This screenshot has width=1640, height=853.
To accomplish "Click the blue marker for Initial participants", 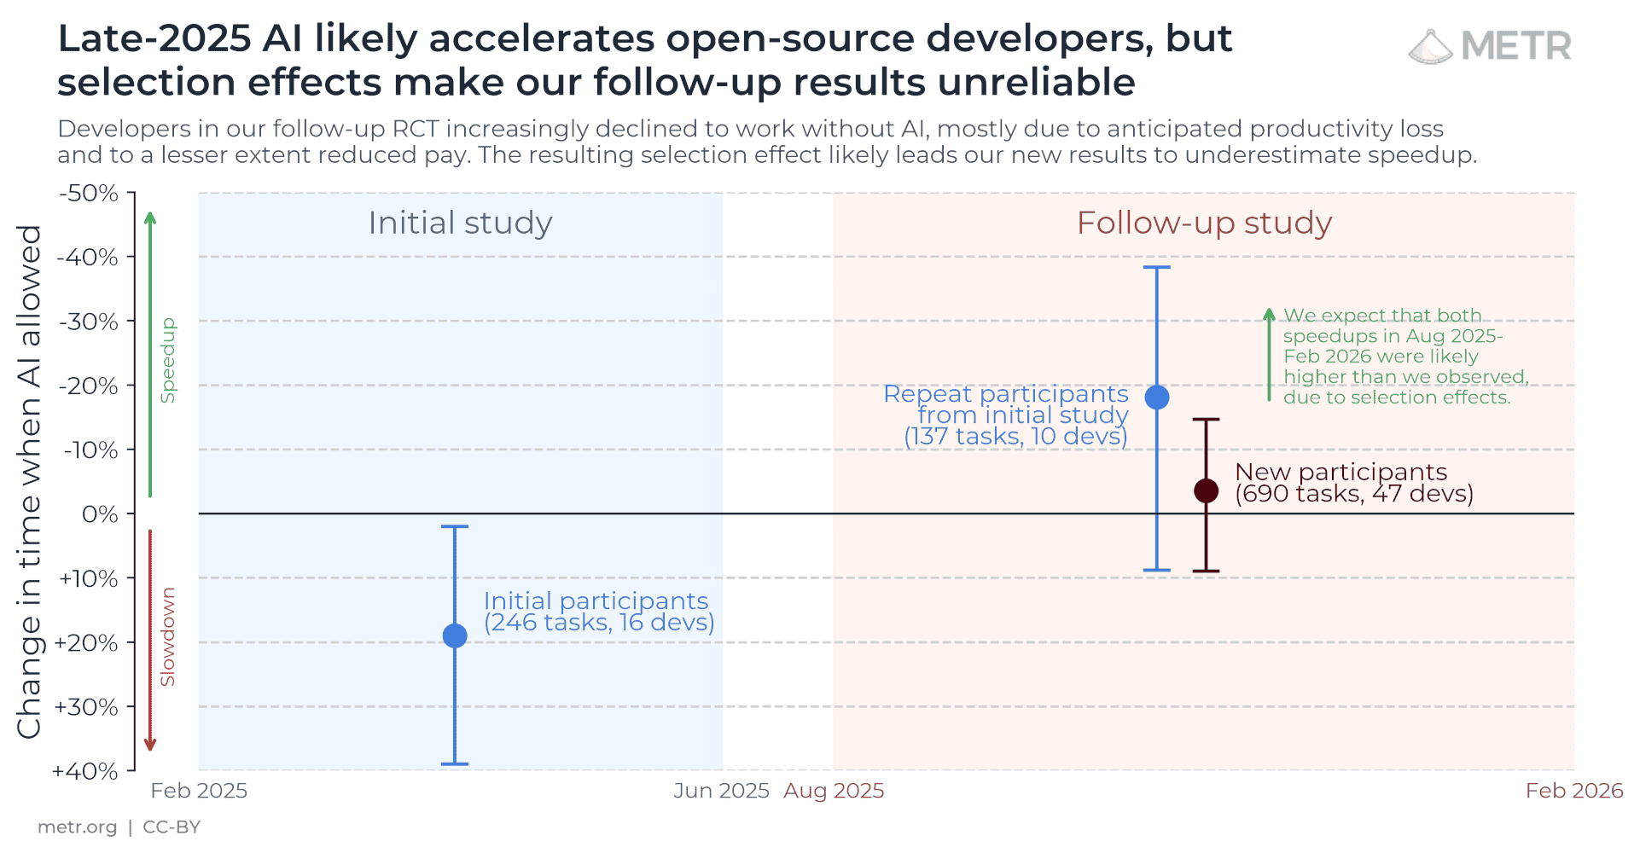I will (455, 635).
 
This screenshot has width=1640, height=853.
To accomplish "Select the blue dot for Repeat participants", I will (1156, 397).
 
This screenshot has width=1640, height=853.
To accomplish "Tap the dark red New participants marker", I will (1206, 490).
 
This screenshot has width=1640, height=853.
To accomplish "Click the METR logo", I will (1489, 46).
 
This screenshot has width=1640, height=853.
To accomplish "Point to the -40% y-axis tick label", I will (88, 257).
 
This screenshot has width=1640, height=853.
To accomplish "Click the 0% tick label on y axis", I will (99, 514).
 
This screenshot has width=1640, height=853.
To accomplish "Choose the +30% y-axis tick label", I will (86, 707).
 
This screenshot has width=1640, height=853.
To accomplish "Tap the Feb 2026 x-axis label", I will (1573, 791).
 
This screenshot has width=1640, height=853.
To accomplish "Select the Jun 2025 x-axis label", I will (721, 791).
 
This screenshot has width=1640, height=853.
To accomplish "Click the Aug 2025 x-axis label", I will (834, 791).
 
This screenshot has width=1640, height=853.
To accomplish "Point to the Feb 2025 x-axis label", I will (199, 791).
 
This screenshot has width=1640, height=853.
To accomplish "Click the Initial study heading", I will (460, 223).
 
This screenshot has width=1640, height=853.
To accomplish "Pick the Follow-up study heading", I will (1203, 223).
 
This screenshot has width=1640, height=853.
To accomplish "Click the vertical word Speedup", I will (168, 360).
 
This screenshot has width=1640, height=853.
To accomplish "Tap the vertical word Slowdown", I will (168, 636).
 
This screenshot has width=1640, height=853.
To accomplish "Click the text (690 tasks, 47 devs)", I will (1353, 494).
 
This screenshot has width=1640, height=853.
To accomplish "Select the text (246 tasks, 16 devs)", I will (599, 623).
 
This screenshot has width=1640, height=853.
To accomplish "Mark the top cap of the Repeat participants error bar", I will (1156, 267).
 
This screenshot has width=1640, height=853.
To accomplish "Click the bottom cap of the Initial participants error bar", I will (455, 763).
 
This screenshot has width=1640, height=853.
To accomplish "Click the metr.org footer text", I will (77, 827).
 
